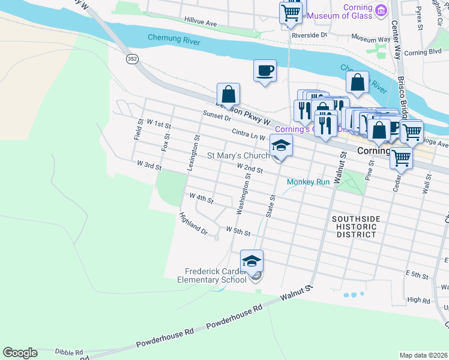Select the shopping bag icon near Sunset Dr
228,94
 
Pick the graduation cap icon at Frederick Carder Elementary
252,260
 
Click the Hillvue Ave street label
201,22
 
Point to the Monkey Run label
309,182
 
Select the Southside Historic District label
354,227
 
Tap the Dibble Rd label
67,352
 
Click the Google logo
20,353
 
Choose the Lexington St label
193,153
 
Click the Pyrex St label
420,19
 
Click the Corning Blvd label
423,53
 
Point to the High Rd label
419,299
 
